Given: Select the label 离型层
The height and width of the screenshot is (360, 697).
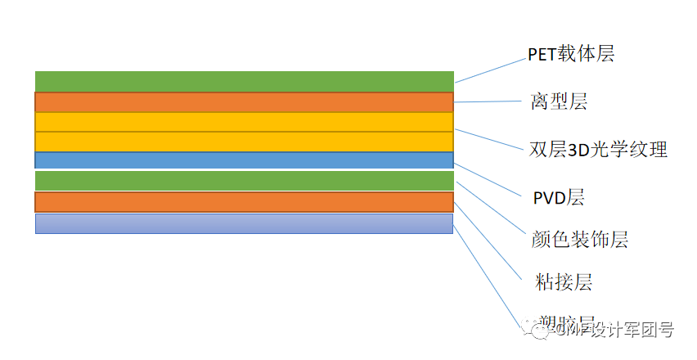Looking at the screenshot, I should click(x=559, y=102).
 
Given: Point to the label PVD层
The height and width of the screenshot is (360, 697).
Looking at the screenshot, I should click(x=558, y=197).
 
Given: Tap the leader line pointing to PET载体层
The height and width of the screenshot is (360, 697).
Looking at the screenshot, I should click(x=491, y=70).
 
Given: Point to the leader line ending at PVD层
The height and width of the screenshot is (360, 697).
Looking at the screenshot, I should click(x=488, y=179).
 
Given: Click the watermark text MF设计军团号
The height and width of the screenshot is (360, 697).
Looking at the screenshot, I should click(x=618, y=331).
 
